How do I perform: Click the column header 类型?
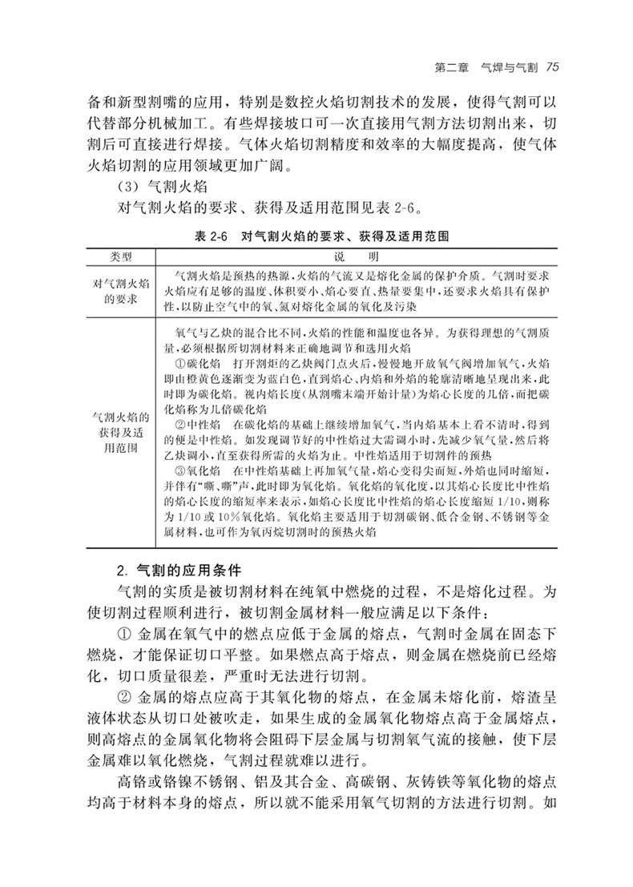(120, 256)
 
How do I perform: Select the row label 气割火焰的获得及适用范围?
(120, 433)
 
